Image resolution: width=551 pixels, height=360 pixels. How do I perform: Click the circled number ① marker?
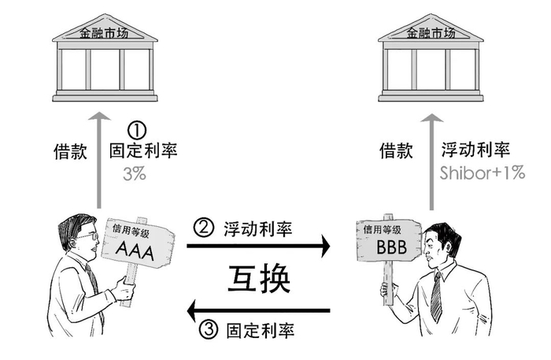(x=136, y=131)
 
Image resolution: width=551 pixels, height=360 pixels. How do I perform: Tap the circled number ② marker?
(x=203, y=228)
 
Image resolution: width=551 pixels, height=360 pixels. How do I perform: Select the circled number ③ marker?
(x=209, y=329)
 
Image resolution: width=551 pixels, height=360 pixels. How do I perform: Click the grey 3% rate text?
(x=135, y=173)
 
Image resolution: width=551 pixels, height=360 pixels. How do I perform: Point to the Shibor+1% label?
(x=482, y=173)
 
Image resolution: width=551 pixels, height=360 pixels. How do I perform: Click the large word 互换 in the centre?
(x=259, y=278)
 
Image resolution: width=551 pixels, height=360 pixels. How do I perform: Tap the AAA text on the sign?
(x=135, y=251)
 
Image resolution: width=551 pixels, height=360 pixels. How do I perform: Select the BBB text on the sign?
(x=391, y=247)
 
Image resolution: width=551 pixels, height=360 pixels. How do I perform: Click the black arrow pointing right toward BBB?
(x=258, y=246)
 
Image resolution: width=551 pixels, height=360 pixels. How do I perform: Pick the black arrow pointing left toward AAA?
(x=258, y=311)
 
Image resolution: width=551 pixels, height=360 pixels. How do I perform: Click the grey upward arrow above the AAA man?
(x=99, y=161)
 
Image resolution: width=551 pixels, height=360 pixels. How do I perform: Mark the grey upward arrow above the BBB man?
(x=431, y=161)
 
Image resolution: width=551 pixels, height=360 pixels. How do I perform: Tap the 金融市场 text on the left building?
(x=104, y=33)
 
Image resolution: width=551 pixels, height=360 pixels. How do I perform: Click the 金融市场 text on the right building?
(x=431, y=33)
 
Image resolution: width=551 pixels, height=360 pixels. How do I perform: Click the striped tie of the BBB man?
(x=436, y=298)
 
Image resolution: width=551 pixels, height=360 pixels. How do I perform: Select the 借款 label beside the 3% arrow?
(x=70, y=151)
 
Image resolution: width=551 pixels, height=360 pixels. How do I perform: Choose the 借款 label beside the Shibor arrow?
(x=396, y=150)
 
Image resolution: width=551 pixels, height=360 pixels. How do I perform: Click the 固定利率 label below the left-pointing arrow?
(x=261, y=331)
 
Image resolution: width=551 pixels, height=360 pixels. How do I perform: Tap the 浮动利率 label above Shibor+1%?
(x=475, y=150)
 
